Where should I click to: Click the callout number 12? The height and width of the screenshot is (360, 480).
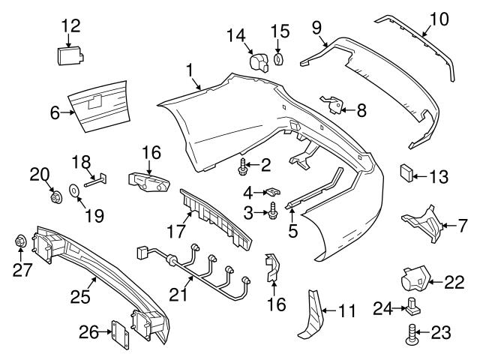click(70, 25)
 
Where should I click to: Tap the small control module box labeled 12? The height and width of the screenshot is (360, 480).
click(70, 55)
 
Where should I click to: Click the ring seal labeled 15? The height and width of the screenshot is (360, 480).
click(280, 58)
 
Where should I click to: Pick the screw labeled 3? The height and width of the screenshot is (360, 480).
click(274, 212)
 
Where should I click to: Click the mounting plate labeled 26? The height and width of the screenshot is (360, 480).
click(120, 331)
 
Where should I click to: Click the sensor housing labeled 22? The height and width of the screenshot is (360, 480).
click(411, 279)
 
